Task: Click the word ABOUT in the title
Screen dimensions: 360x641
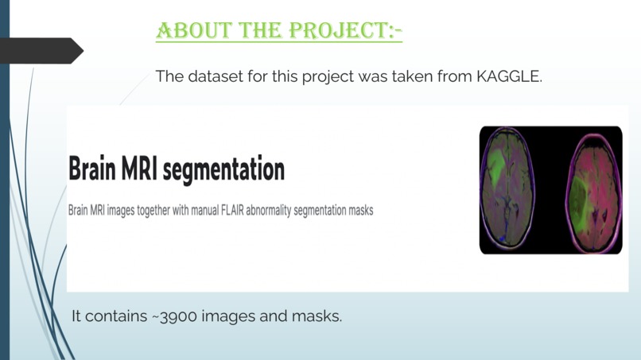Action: pyautogui.click(x=188, y=31)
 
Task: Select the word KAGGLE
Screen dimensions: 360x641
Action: pyautogui.click(x=509, y=77)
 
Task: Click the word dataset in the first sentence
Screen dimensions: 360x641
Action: pyautogui.click(x=213, y=77)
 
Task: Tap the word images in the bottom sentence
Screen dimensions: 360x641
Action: pyautogui.click(x=227, y=316)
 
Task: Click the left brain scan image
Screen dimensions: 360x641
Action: pyautogui.click(x=507, y=191)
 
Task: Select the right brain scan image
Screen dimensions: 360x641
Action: pyautogui.click(x=593, y=191)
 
